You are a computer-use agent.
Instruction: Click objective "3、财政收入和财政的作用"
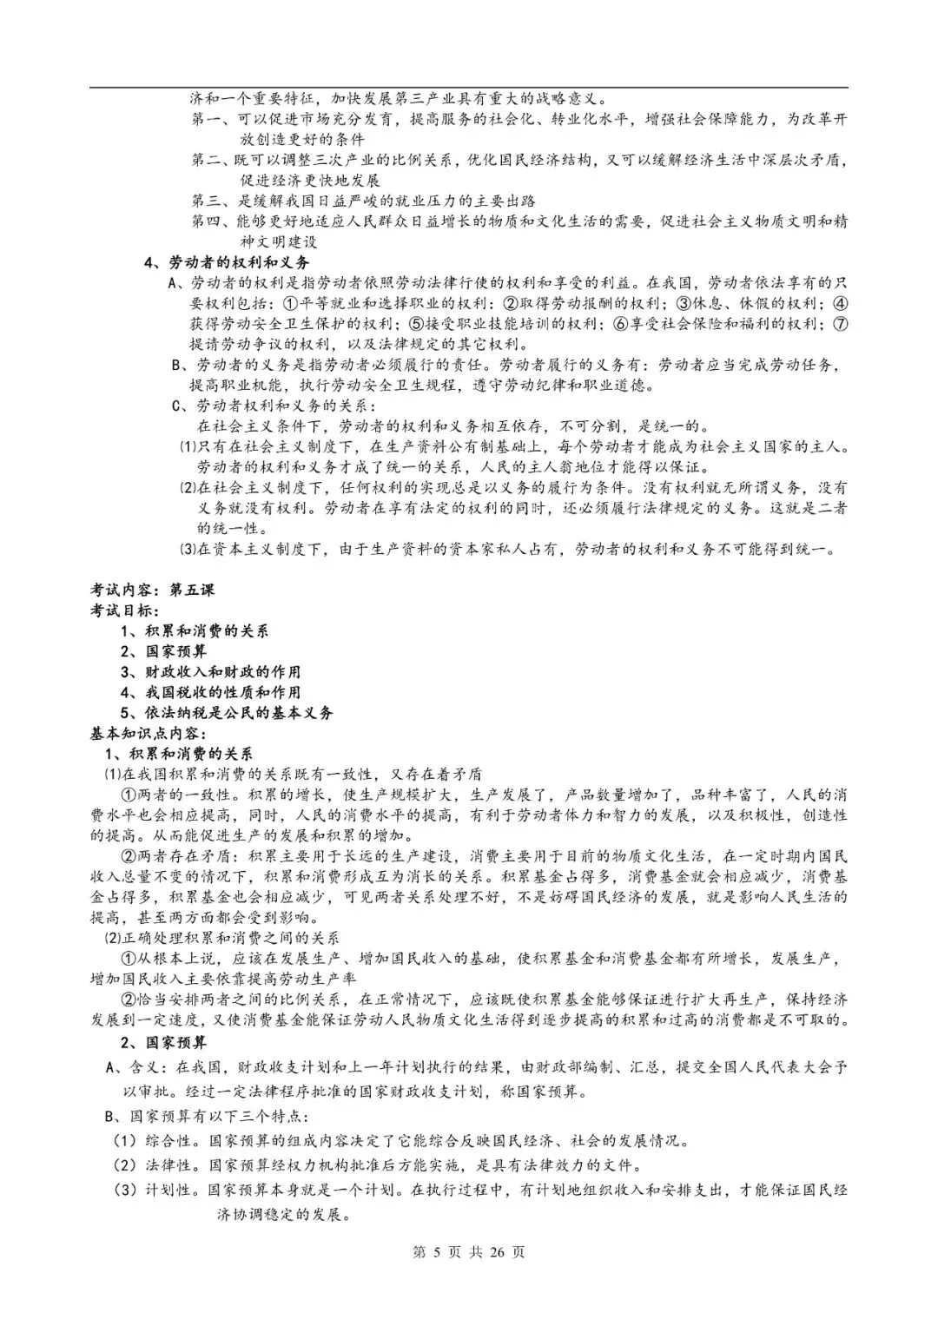tap(210, 672)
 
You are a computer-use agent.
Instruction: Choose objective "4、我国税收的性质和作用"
tap(210, 692)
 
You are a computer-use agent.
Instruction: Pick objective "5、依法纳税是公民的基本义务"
tap(226, 713)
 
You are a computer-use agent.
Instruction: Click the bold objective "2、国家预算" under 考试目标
tap(163, 651)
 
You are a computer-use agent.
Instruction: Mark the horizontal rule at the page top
tap(468, 87)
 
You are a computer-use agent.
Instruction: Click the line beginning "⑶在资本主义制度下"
tap(508, 549)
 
